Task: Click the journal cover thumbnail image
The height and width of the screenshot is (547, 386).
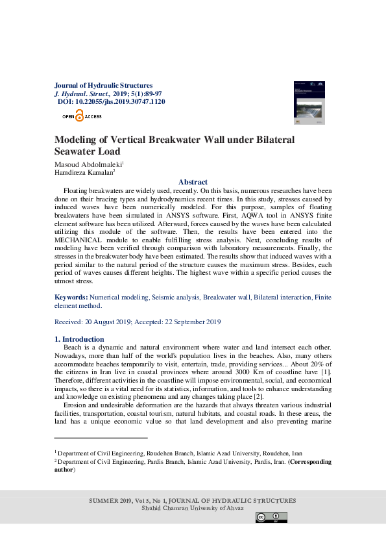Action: click(x=309, y=103)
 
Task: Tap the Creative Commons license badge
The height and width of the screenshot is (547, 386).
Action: click(x=271, y=518)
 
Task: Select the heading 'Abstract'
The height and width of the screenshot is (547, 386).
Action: click(x=193, y=182)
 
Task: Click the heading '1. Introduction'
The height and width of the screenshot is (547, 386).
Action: click(x=78, y=339)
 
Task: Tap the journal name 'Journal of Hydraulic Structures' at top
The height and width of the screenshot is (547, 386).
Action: click(x=104, y=85)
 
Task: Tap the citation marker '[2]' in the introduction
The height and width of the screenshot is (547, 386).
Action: click(x=258, y=396)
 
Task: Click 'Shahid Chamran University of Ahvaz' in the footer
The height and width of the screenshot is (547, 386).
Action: click(x=193, y=508)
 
